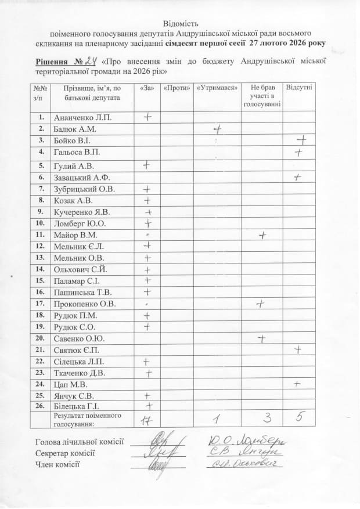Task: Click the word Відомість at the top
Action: pyautogui.click(x=180, y=24)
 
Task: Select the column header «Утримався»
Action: pyautogui.click(x=218, y=88)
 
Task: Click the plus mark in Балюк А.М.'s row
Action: pyautogui.click(x=218, y=129)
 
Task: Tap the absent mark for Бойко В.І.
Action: pyautogui.click(x=301, y=140)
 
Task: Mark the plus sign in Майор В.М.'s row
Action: pyautogui.click(x=262, y=235)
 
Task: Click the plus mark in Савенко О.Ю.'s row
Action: pyautogui.click(x=262, y=338)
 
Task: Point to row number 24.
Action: pyautogui.click(x=41, y=384)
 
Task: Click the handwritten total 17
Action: pyautogui.click(x=147, y=419)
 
